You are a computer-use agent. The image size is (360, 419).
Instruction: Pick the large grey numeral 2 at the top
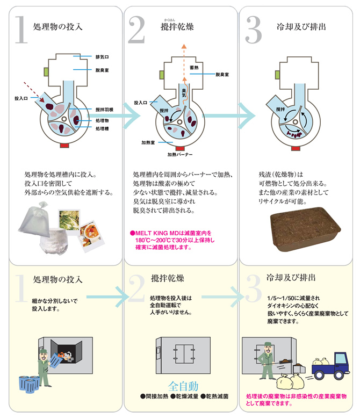coord(137,30)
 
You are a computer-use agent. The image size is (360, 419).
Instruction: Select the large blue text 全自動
coord(183,386)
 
